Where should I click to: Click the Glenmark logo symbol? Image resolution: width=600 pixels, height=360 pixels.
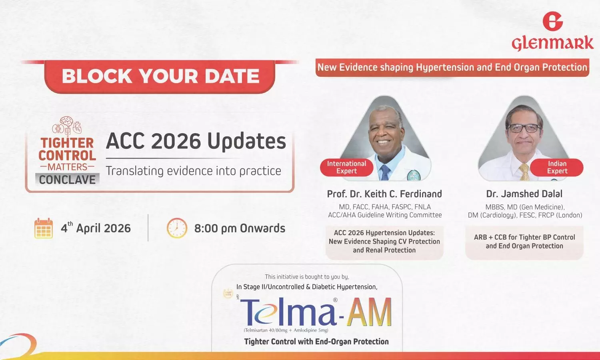coord(552,21)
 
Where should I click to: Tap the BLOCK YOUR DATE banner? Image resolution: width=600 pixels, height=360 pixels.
coord(160,76)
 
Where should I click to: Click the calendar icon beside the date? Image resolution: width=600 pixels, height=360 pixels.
coord(44,228)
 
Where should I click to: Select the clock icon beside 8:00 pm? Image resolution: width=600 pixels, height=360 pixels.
coord(177,228)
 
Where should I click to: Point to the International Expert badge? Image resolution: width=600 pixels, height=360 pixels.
coord(346,167)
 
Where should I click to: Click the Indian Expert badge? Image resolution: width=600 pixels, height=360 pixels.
coord(557,167)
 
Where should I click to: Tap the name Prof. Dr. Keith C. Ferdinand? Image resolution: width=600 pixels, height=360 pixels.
coord(384,194)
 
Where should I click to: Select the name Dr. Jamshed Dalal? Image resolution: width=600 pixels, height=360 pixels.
coord(524,194)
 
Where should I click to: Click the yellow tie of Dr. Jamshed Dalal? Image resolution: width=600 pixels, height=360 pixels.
coord(524,172)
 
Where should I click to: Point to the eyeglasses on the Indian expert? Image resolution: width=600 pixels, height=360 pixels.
coord(524,128)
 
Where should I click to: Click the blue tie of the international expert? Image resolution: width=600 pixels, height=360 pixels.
coord(384,172)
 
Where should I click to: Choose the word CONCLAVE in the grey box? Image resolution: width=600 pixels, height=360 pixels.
coord(67,180)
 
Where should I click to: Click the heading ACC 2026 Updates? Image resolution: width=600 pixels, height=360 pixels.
coord(196,141)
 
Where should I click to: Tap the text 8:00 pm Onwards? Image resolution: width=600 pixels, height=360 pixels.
coord(240,228)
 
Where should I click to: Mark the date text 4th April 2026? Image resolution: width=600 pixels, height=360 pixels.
coord(96,228)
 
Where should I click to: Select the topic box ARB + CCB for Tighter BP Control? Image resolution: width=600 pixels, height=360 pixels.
coord(524,242)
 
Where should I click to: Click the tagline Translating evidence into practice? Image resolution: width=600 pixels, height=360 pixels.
coord(193,171)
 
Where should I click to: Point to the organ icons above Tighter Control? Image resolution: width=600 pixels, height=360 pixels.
coord(67,126)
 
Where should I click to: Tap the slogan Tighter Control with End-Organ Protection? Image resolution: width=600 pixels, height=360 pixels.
coord(316,342)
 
